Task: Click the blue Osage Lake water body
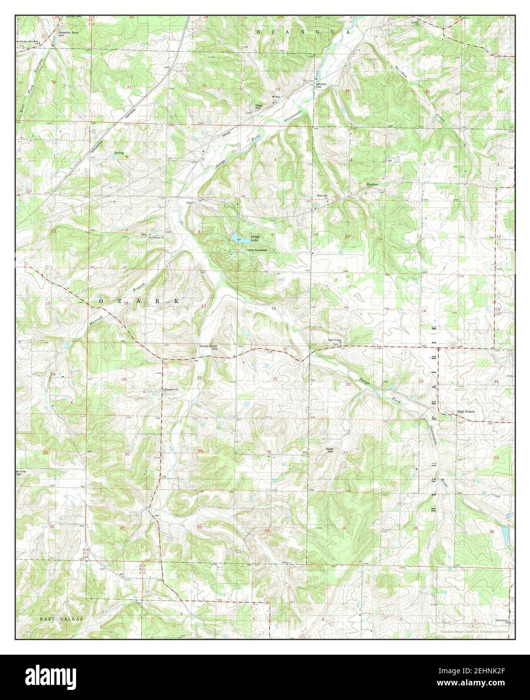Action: (x=235, y=237)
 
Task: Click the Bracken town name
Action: (x=372, y=185)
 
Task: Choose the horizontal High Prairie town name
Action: (x=466, y=411)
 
